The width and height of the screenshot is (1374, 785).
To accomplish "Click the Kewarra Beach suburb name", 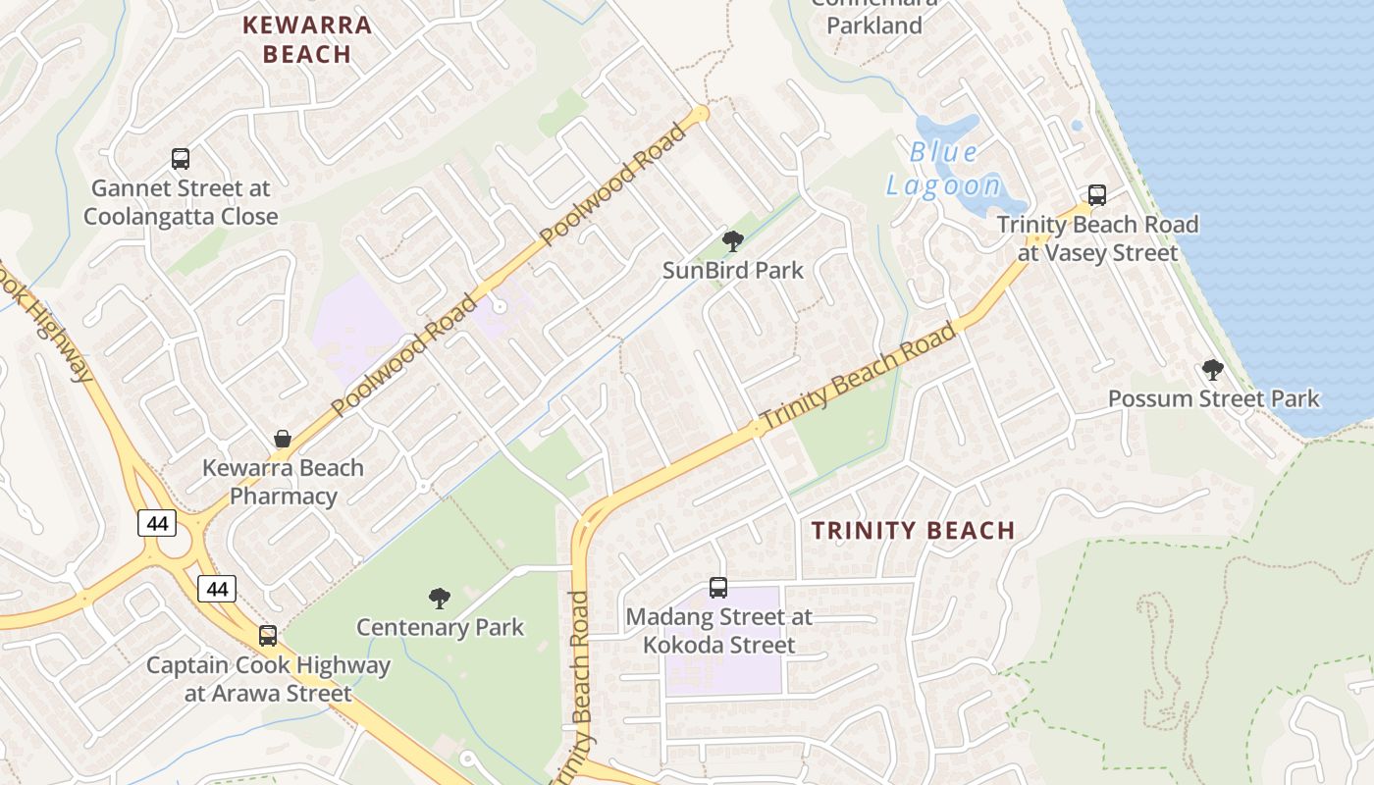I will [x=307, y=39].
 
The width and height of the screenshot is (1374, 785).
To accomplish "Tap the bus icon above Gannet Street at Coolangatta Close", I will [x=181, y=158].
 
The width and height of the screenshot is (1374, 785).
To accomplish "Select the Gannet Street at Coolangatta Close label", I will [x=181, y=201].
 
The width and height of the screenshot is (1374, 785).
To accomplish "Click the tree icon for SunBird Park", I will [x=732, y=240].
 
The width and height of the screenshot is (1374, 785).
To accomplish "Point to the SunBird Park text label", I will [x=732, y=270].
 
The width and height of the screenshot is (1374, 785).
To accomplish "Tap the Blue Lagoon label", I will [x=944, y=169].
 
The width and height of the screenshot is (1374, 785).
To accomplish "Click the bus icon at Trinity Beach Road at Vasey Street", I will [x=1097, y=195].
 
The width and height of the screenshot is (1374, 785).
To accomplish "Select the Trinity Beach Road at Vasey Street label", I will [x=1097, y=238].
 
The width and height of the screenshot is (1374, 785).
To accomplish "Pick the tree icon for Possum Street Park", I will [x=1213, y=370].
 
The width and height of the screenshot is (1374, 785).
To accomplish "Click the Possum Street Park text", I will [x=1213, y=398].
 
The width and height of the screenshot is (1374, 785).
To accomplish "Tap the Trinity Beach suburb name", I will [x=913, y=531].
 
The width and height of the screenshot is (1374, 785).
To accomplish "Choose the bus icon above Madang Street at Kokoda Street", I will [x=718, y=588].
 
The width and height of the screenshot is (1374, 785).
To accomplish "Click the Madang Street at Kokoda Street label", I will [x=718, y=631].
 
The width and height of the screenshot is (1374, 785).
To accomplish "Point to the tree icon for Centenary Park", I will [x=440, y=598].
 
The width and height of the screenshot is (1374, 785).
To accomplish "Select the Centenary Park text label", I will [x=440, y=627].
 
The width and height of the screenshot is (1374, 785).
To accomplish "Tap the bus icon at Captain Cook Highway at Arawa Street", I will [x=268, y=636].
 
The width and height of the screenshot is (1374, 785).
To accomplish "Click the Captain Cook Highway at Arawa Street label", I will [x=268, y=679].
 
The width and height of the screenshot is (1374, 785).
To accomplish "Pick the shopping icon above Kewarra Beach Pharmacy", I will [x=283, y=439].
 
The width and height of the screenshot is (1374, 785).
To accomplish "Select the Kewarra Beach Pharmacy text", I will [x=283, y=482].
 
